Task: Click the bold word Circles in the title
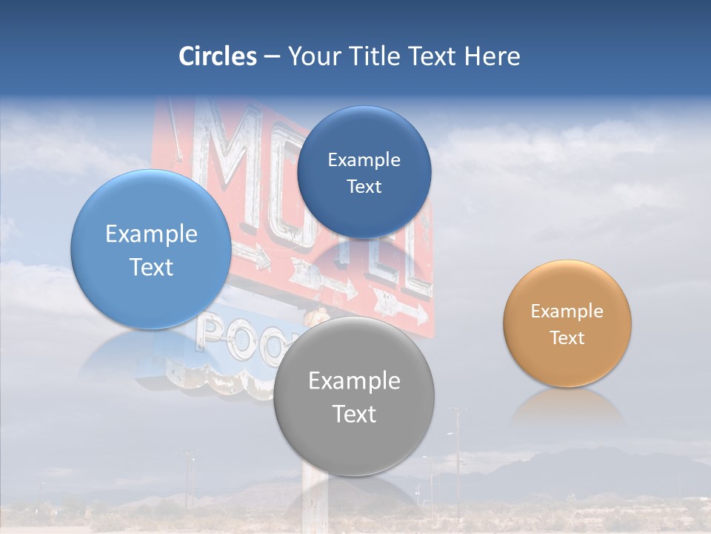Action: [218, 56]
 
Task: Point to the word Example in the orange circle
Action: [567, 311]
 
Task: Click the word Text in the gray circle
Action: [354, 414]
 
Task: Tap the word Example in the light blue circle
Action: [151, 234]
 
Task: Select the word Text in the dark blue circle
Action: [364, 187]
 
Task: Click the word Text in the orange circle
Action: [567, 338]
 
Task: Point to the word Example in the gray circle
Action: [354, 381]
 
